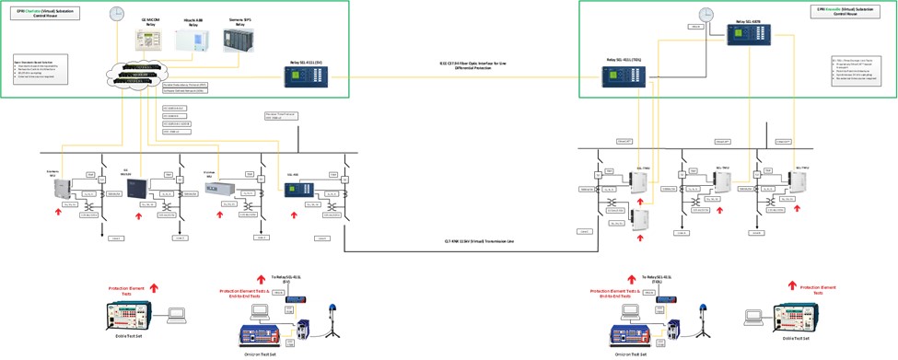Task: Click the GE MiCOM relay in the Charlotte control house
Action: point(149,40)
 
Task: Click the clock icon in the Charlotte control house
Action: point(116,13)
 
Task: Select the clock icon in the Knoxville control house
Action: point(706,14)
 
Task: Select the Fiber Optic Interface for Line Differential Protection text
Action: point(472,65)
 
